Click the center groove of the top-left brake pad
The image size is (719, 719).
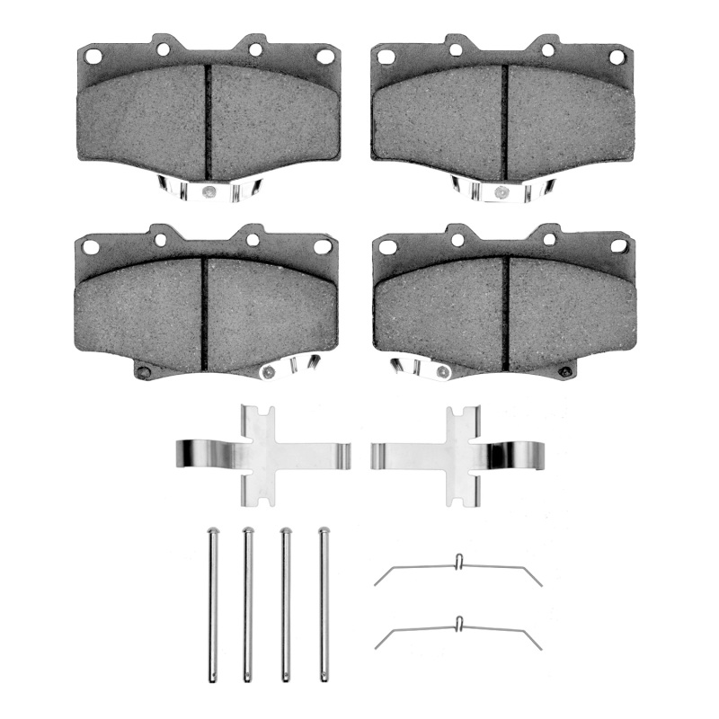(x=208, y=121)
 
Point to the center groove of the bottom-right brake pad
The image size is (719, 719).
(x=509, y=310)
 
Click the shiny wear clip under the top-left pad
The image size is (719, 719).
(x=208, y=190)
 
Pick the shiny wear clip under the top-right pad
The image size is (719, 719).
(x=497, y=188)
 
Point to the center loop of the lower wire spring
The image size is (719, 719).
(x=458, y=622)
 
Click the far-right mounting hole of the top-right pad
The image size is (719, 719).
(x=616, y=57)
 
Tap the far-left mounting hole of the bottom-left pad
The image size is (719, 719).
(x=89, y=245)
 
